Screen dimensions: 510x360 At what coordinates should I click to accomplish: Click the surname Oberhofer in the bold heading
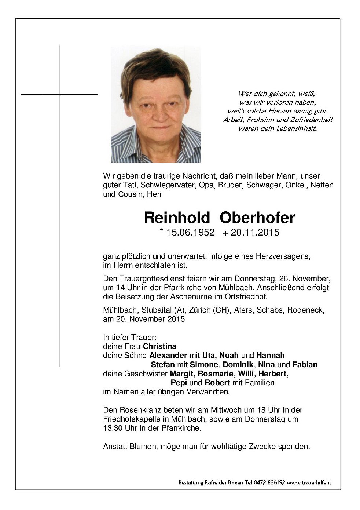[257, 218]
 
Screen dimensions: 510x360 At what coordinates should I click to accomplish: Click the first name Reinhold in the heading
[177, 218]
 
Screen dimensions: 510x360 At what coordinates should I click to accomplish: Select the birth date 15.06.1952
[190, 232]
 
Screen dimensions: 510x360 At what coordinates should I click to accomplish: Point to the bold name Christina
[159, 346]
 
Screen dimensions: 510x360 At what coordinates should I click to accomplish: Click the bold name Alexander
[168, 356]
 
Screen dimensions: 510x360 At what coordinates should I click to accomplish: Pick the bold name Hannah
[271, 356]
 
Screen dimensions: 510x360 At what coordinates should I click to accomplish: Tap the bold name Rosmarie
[216, 374]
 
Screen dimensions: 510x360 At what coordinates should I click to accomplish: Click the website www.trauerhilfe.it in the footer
[309, 483]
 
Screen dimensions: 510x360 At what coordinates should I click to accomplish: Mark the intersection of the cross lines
[59, 94]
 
